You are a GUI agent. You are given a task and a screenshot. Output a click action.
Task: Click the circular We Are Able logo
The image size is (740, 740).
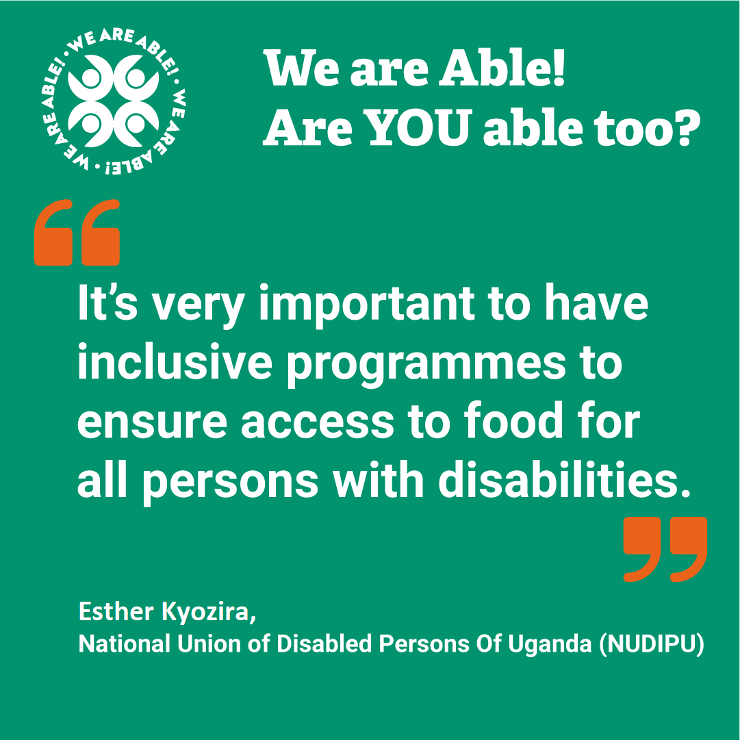112,101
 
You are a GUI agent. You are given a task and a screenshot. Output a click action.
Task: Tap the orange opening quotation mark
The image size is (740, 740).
77,232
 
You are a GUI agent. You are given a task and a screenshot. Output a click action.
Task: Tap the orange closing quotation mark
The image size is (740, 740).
665,549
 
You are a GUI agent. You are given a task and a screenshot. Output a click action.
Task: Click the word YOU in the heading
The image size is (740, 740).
420,128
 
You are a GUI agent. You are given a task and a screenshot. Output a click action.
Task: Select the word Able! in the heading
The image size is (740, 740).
502,68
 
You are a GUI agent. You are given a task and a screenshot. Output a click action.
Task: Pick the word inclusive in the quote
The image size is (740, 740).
175,362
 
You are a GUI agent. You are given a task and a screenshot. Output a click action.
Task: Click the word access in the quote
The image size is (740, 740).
318,423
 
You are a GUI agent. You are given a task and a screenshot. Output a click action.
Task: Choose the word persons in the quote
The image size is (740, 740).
230,484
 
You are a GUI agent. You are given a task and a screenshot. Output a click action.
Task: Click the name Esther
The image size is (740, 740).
116,611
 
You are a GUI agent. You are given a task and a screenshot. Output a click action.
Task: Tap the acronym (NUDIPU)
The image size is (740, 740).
652,643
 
